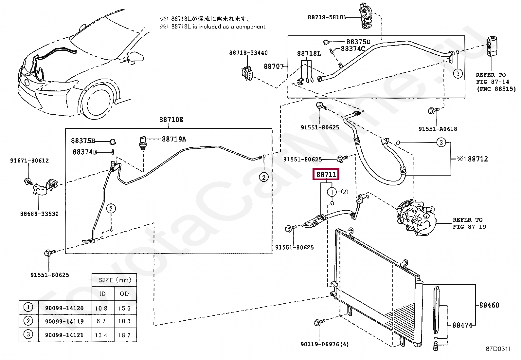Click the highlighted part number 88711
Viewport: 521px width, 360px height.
click(326, 175)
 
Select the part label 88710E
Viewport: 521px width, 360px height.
click(171, 120)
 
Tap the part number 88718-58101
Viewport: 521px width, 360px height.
click(327, 17)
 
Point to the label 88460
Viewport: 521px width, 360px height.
click(489, 305)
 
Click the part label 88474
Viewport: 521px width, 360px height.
click(462, 325)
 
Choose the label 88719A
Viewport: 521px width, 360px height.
click(174, 139)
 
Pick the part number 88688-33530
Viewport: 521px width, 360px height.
click(39, 214)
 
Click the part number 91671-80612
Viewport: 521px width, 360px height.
click(29, 161)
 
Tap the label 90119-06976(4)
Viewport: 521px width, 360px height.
click(325, 344)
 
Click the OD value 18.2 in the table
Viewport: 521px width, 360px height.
click(124, 335)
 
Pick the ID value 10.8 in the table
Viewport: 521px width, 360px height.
click(101, 308)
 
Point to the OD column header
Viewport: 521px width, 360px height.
click(124, 294)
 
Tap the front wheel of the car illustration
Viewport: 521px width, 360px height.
click(98, 103)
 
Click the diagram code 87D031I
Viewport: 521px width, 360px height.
click(497, 349)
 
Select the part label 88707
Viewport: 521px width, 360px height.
click(274, 66)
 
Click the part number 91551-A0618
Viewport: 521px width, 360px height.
click(438, 129)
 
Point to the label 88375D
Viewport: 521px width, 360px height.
click(358, 42)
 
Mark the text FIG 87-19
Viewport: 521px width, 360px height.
click(469, 227)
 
